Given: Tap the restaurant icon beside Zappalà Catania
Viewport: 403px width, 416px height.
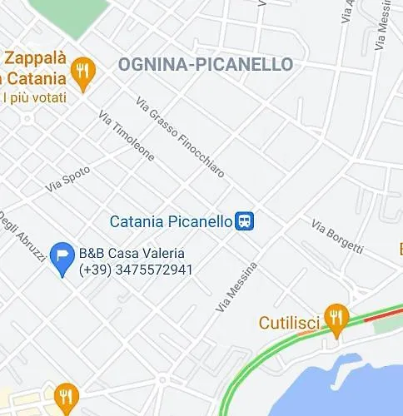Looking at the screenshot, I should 82,72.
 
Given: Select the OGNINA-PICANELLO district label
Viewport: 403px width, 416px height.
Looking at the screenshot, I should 205,64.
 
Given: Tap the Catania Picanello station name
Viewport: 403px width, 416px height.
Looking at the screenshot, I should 171,221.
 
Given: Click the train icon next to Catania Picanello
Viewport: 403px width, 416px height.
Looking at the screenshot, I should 245,220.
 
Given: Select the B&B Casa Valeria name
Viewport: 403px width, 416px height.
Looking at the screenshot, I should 132,253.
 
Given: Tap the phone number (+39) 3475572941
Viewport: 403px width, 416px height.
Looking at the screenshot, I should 136,270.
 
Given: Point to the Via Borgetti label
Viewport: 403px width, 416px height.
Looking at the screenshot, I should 337,236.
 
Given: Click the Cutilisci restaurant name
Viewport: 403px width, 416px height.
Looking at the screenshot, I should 289,322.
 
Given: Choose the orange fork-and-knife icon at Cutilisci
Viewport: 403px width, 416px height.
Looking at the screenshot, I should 336,317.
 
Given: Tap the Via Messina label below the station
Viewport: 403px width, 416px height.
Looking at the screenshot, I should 236,288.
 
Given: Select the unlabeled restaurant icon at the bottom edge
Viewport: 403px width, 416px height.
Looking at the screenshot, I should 65,397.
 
